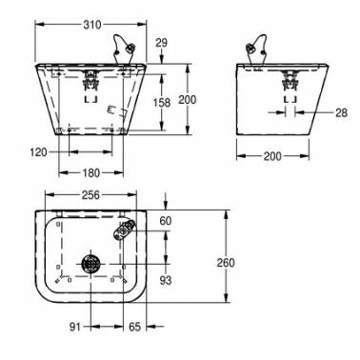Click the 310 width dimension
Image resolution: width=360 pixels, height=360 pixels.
92,25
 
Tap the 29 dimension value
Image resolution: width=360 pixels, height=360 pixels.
161,43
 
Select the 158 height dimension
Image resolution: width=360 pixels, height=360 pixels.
162,103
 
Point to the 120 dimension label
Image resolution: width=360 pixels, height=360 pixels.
38,152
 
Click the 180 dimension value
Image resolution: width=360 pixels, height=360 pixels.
91,173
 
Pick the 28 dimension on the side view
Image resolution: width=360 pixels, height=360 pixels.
341,112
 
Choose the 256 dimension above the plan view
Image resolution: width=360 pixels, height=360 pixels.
90,195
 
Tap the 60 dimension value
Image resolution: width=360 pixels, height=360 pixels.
166,221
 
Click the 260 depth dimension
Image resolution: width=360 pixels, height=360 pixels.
226,263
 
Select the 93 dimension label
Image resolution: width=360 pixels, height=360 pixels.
166,280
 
